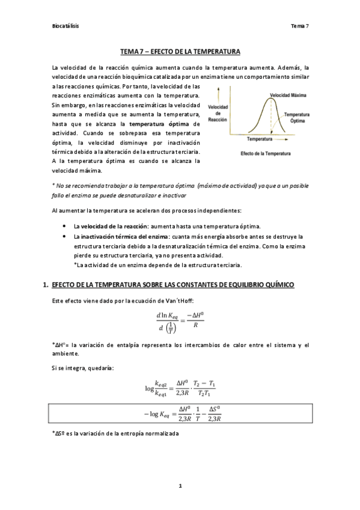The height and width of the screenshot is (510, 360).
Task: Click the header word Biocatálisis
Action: (x=66, y=26)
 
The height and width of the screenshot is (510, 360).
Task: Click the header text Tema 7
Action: (x=299, y=26)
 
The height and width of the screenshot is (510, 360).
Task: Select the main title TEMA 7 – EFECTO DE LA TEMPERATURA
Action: (x=180, y=52)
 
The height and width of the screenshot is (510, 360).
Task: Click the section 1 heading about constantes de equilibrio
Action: (x=173, y=284)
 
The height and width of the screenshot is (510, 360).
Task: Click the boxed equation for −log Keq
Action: (x=180, y=415)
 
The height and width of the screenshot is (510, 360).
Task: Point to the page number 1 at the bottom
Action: (x=180, y=485)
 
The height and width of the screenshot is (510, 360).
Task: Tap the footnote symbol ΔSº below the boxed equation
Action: (x=58, y=433)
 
